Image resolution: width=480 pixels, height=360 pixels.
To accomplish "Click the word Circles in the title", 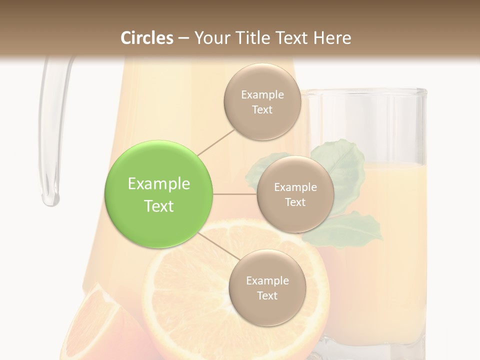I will click(x=147, y=38).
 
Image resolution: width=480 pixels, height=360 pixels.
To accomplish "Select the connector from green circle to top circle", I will click(x=216, y=142).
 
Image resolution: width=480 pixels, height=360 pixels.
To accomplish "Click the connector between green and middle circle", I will click(x=235, y=194).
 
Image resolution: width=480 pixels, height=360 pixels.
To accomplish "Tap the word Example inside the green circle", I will click(x=159, y=184).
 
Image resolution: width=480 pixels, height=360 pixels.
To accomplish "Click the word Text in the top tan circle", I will click(x=262, y=110).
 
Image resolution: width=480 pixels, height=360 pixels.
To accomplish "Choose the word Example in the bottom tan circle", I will click(x=267, y=281).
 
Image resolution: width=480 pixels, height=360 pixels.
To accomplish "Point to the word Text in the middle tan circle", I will click(x=295, y=202).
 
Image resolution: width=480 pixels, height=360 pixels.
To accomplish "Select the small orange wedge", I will click(x=95, y=325).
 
